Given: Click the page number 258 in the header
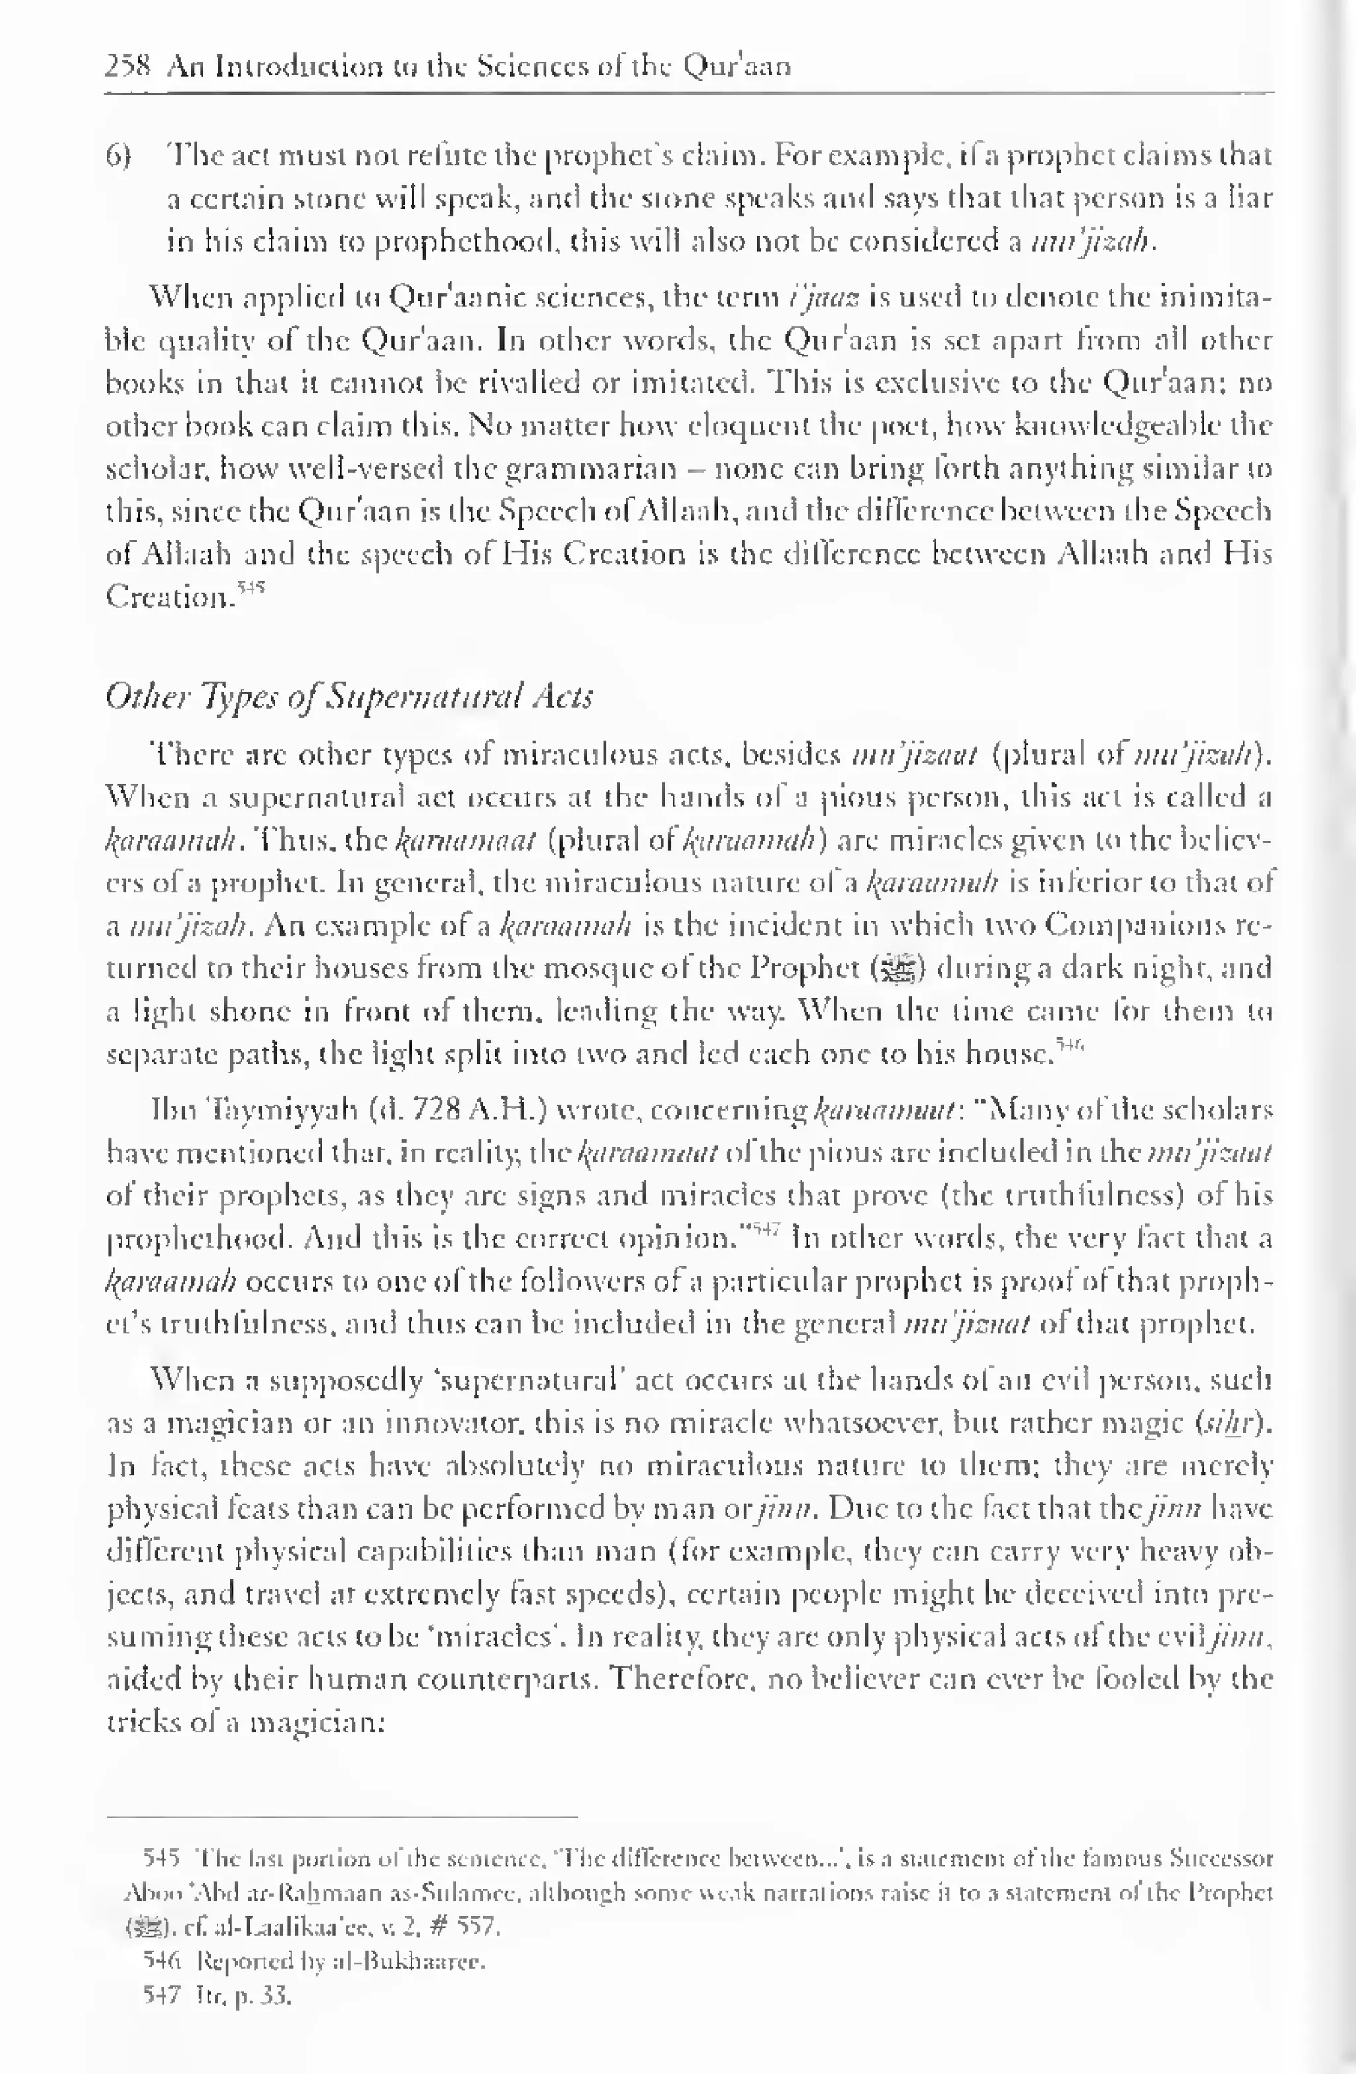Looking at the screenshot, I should click(128, 66).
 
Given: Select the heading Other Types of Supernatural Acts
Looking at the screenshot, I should click(348, 696).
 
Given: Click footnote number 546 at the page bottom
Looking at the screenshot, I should click(161, 1961).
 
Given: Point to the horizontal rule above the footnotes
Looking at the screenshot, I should click(342, 1817).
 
